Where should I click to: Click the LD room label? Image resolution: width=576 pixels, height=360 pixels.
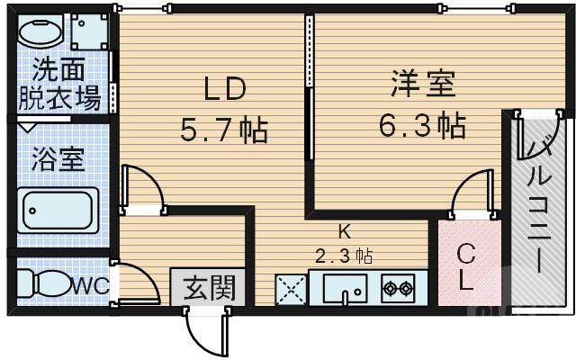(225, 91)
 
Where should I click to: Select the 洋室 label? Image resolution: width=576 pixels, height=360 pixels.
(423, 85)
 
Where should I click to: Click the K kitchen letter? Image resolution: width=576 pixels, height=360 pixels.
(344, 229)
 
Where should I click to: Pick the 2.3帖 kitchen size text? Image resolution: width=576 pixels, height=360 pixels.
(344, 254)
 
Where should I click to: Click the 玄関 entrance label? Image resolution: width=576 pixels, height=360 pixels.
(210, 288)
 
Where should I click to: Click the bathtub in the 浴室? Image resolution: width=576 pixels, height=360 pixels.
(60, 211)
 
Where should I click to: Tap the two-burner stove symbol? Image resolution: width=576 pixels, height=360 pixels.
(397, 289)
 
